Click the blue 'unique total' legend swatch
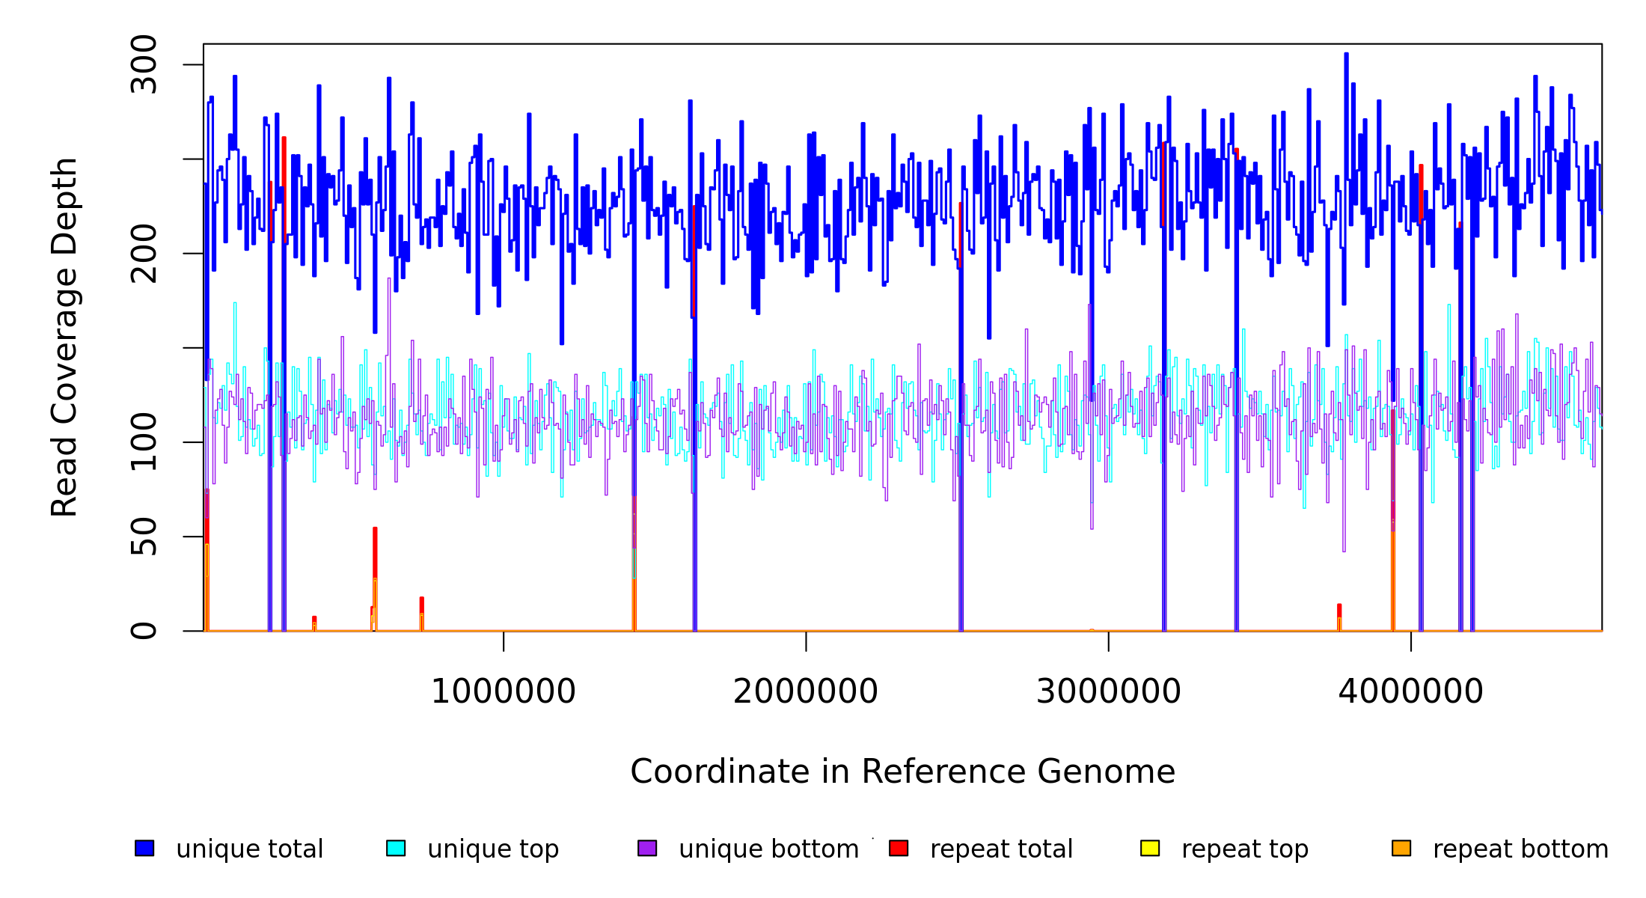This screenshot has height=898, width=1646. (144, 848)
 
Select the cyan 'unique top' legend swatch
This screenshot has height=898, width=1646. (396, 848)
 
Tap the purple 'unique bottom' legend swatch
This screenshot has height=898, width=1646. (647, 848)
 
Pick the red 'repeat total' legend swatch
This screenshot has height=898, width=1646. (899, 848)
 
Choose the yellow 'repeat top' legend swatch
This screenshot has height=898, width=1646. (1150, 848)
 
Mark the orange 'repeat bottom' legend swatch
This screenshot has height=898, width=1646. (1401, 848)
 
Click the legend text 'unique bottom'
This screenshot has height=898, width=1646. (768, 849)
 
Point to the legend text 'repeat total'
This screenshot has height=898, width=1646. (1001, 849)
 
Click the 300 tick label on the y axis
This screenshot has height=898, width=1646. (144, 64)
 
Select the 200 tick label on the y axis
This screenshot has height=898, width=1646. (144, 254)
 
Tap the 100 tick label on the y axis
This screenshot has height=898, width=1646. (144, 442)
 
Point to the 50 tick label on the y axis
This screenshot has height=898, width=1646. (144, 537)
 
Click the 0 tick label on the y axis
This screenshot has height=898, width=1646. (144, 631)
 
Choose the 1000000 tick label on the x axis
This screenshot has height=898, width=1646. (504, 691)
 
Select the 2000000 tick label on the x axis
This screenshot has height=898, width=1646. (806, 691)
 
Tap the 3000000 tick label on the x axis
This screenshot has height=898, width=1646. (1108, 691)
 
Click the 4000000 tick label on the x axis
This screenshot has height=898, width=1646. (1410, 691)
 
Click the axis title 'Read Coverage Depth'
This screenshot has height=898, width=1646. (64, 337)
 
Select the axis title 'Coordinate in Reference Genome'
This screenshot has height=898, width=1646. (902, 772)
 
